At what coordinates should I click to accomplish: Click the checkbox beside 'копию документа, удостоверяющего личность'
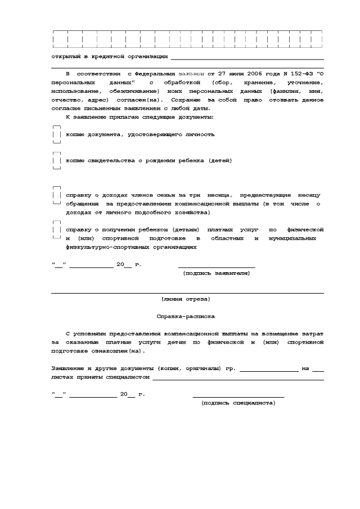click(56, 135)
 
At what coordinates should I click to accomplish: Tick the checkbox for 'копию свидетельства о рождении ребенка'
click(56, 161)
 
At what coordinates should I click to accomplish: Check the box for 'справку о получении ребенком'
click(56, 230)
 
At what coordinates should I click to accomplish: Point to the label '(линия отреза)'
click(186, 299)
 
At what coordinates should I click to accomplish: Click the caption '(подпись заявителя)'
click(217, 273)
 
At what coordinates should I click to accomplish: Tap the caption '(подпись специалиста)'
click(238, 403)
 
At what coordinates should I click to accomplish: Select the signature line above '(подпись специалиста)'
click(238, 397)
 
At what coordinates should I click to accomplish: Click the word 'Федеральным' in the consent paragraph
click(155, 74)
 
